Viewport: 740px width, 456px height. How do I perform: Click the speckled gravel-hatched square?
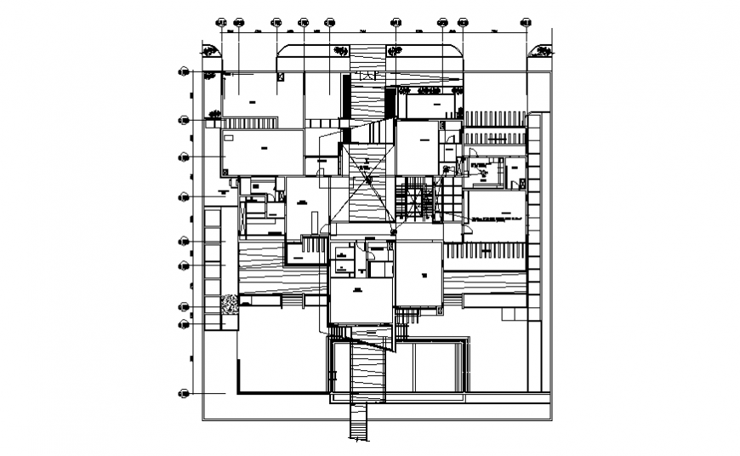tap(230, 304)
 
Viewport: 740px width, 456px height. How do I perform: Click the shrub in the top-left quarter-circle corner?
tap(209, 53)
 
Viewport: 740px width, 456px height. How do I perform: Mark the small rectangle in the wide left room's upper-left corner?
tap(229, 135)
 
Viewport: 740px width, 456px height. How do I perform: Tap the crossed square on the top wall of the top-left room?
tap(280, 77)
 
